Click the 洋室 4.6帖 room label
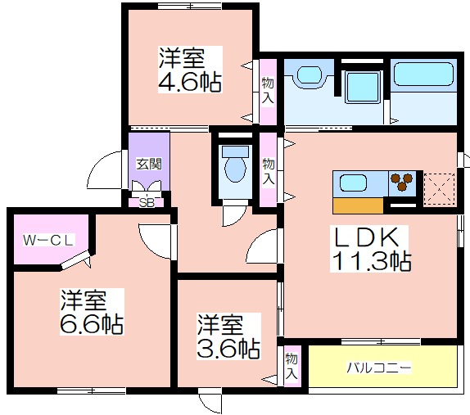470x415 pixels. tap(190, 70)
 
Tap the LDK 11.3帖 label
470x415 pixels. tap(370, 249)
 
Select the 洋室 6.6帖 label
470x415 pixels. tap(92, 312)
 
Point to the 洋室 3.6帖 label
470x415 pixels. tap(228, 336)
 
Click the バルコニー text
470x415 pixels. tap(379, 368)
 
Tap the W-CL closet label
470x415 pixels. tap(48, 240)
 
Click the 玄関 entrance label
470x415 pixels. tap(149, 164)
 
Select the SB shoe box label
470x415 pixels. tap(147, 203)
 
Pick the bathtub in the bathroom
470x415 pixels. tap(423, 74)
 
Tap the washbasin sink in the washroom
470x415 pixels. tap(310, 76)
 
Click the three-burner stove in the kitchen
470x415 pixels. tap(402, 183)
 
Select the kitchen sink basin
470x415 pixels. tap(354, 183)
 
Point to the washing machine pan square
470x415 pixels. tap(364, 87)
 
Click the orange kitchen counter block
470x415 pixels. tap(358, 205)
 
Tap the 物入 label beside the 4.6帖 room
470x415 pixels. tap(268, 90)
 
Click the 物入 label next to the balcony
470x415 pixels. tap(291, 366)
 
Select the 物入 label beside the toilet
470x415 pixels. tap(269, 171)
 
